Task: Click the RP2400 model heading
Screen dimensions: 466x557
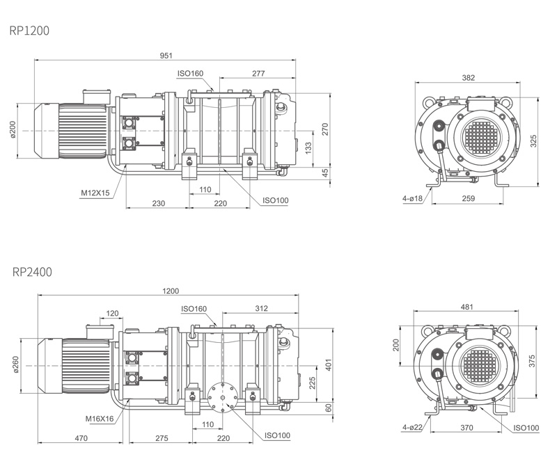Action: pyautogui.click(x=31, y=271)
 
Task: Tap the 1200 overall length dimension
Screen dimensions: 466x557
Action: pyautogui.click(x=171, y=291)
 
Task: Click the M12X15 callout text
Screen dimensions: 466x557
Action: pyautogui.click(x=95, y=192)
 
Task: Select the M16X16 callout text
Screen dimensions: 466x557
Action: pyautogui.click(x=99, y=419)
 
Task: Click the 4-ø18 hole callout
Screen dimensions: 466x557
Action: pyautogui.click(x=412, y=199)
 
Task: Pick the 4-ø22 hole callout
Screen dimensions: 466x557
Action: pyautogui.click(x=412, y=427)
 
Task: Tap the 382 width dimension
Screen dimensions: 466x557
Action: pyautogui.click(x=468, y=78)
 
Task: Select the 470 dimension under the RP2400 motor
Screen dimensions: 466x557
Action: pyautogui.click(x=81, y=439)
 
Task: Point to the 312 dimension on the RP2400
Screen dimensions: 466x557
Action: pyautogui.click(x=262, y=307)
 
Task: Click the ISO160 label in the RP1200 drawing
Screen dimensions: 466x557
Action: pyautogui.click(x=190, y=73)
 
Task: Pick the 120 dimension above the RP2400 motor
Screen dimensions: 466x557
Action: pyautogui.click(x=112, y=313)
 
